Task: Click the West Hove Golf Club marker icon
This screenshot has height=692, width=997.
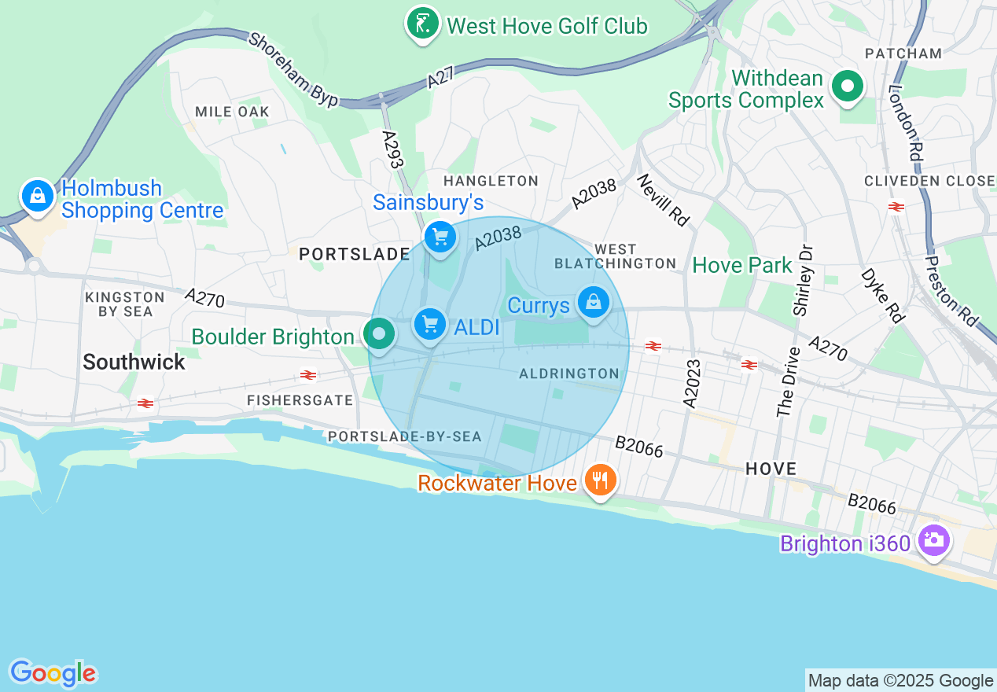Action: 422,24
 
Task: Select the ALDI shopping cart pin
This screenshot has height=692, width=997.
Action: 429,323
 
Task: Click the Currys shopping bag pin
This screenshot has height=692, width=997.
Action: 594,302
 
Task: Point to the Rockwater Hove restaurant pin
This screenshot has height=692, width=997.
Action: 601,479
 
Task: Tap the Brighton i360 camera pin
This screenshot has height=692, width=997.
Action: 933,540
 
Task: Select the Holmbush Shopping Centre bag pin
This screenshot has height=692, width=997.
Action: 37,196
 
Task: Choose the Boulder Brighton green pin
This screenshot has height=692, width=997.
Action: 380,334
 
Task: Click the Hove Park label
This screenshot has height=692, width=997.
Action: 742,266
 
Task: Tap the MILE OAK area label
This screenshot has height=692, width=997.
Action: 232,112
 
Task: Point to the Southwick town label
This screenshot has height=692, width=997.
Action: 134,362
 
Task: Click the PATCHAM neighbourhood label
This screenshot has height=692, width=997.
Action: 903,53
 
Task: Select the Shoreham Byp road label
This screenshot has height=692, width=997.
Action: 292,69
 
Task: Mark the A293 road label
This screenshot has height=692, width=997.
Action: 392,149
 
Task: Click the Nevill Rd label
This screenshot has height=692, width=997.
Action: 662,201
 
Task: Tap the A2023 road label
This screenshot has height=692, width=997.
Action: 691,384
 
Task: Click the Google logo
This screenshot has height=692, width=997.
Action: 53,673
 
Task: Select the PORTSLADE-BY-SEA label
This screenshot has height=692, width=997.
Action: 404,436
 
